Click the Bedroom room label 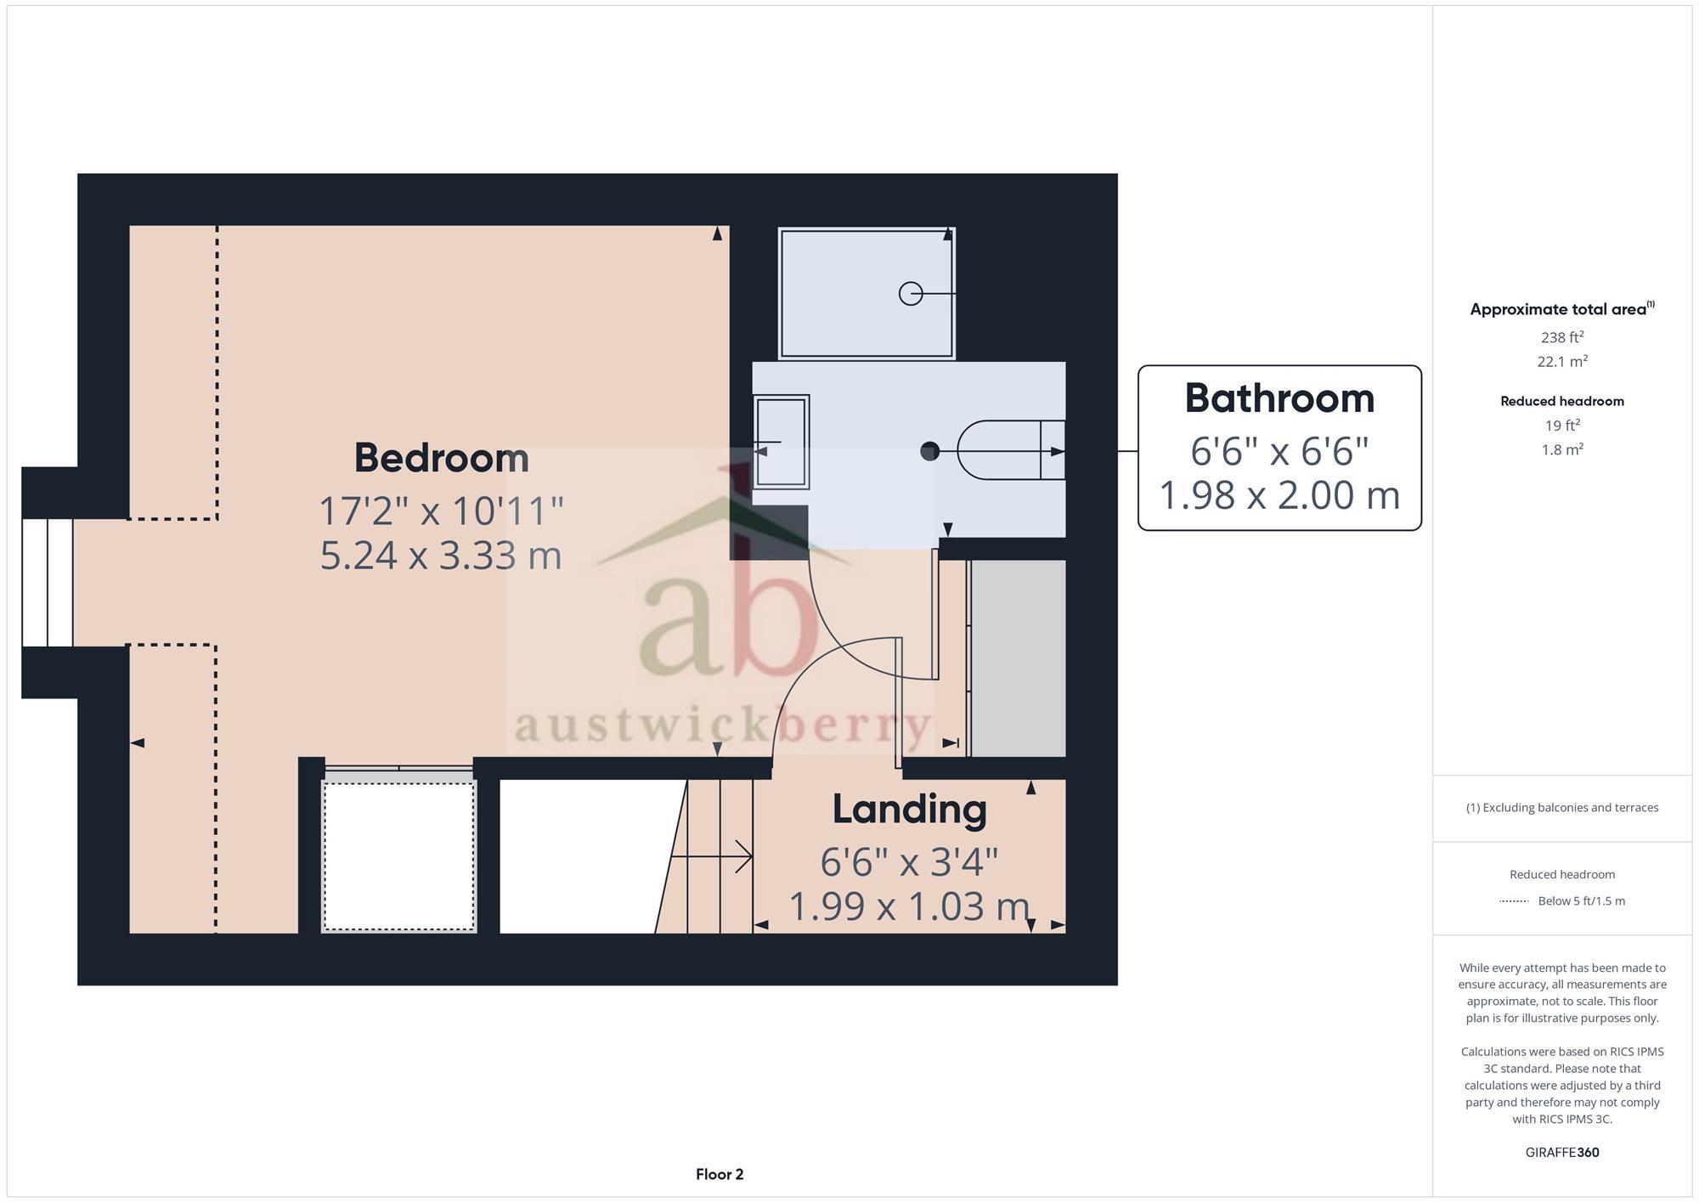pyautogui.click(x=441, y=458)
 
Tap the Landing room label pyautogui.click(x=909, y=809)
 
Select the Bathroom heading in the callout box pyautogui.click(x=1279, y=398)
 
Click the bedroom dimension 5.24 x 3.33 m pyautogui.click(x=441, y=556)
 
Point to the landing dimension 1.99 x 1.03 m pyautogui.click(x=909, y=906)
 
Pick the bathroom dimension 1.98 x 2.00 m pyautogui.click(x=1279, y=495)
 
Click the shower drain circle pyautogui.click(x=910, y=293)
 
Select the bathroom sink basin pyautogui.click(x=781, y=442)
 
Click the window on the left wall pyautogui.click(x=48, y=582)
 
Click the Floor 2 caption pyautogui.click(x=720, y=1174)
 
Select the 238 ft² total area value pyautogui.click(x=1561, y=337)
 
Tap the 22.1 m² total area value pyautogui.click(x=1561, y=361)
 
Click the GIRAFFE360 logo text pyautogui.click(x=1561, y=1153)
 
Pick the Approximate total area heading pyautogui.click(x=1561, y=309)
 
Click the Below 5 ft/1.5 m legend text pyautogui.click(x=1581, y=900)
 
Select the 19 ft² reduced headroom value pyautogui.click(x=1561, y=426)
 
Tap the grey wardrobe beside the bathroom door pyautogui.click(x=1018, y=657)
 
